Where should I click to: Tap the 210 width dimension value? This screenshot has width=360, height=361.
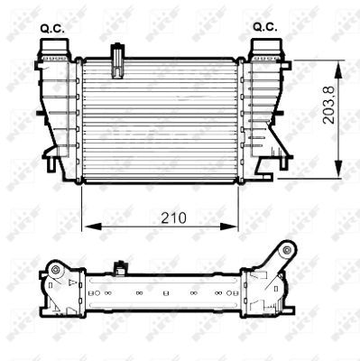click(163, 218)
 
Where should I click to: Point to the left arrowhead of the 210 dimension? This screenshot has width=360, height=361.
click(88, 227)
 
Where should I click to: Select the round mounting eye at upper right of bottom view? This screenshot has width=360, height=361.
click(288, 250)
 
